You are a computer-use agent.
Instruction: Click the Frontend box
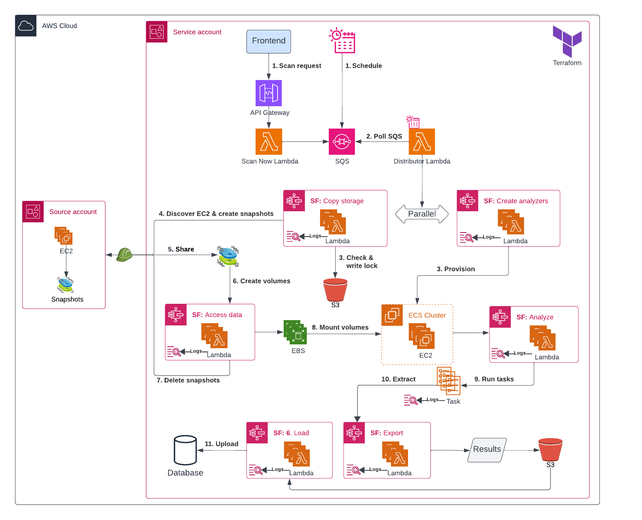268,41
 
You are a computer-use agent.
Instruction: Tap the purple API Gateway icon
268,93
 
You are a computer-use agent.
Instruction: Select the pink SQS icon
342,141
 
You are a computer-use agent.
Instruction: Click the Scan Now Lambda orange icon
268,141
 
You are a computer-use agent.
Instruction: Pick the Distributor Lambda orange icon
422,141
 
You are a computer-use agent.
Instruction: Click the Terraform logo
567,41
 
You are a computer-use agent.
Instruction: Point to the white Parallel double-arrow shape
422,214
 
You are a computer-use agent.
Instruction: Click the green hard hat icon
124,255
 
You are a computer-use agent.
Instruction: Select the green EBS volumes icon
295,332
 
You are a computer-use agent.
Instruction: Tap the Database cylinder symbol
185,450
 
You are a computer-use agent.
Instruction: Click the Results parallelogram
487,450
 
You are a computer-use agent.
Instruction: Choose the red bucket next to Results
550,450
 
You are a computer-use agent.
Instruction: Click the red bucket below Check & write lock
335,290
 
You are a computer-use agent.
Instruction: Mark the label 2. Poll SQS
384,136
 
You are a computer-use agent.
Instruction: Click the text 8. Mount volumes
340,327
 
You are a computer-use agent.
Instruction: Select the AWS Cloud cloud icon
26,26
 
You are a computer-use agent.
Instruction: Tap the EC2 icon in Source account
63,236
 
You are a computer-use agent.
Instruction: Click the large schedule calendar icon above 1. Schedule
342,40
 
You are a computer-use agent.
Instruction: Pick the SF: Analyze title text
535,317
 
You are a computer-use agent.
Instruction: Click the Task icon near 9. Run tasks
449,380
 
